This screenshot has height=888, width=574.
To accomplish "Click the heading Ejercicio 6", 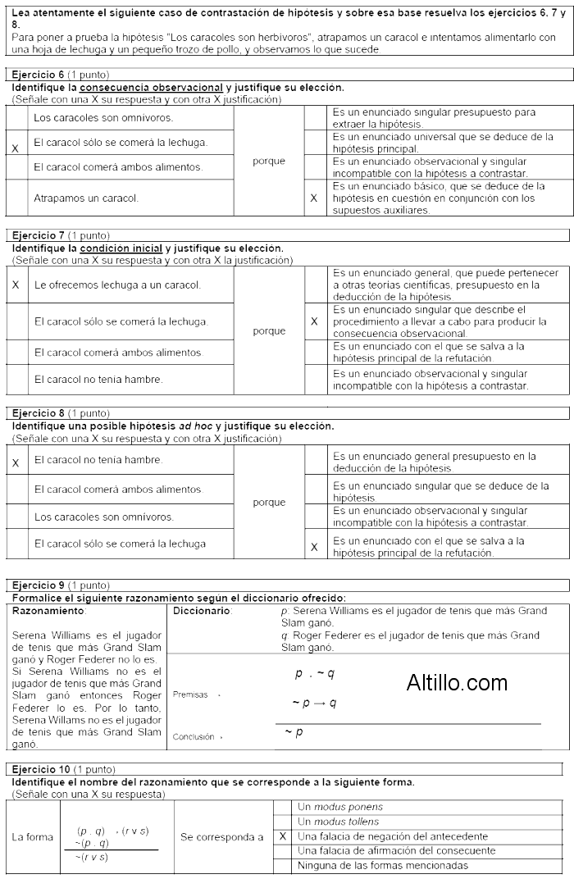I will click(x=39, y=75).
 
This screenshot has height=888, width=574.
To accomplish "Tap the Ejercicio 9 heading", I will click(x=39, y=585).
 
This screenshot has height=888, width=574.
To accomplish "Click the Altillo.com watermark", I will click(x=457, y=681).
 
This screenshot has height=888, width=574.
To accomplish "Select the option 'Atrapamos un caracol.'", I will click(x=86, y=198).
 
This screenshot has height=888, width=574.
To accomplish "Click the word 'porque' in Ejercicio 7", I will click(x=269, y=331).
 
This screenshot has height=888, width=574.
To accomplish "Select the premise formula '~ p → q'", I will click(x=314, y=703).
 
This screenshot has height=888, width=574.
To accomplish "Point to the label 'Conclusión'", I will click(x=195, y=736).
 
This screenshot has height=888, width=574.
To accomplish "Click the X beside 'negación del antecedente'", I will click(x=282, y=836).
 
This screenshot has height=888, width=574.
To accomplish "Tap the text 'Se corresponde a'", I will click(x=222, y=837).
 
